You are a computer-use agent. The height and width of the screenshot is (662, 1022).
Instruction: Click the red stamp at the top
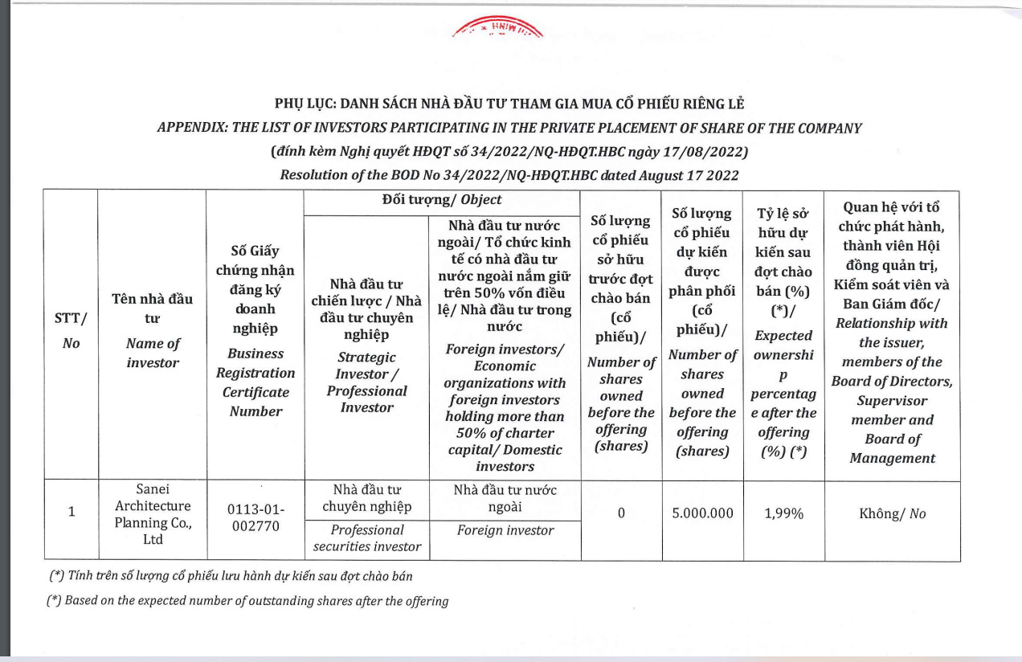click(x=498, y=30)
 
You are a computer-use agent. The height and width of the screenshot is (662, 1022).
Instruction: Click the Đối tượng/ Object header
click(x=441, y=199)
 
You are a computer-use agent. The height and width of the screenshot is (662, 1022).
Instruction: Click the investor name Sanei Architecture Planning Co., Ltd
click(x=152, y=514)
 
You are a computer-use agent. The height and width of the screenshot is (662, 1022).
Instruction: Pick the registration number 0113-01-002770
click(x=255, y=519)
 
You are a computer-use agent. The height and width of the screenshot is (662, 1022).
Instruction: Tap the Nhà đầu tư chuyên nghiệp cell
click(x=366, y=497)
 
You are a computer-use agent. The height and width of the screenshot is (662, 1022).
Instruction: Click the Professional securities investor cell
click(x=366, y=538)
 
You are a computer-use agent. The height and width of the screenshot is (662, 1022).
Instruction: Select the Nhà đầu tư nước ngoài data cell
click(x=505, y=498)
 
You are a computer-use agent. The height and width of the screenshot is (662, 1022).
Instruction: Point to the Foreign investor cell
click(x=505, y=530)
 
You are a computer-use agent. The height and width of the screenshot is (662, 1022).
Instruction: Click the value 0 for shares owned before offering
click(x=620, y=513)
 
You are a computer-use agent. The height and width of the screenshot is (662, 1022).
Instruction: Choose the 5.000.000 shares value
click(x=702, y=513)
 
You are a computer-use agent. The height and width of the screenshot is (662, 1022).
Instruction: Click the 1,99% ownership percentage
click(x=783, y=513)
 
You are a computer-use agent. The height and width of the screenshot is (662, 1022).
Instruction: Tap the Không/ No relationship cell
click(x=892, y=513)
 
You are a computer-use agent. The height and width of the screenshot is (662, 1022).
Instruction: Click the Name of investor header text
click(x=152, y=353)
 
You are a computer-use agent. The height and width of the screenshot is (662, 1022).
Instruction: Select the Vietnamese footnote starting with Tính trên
click(x=231, y=576)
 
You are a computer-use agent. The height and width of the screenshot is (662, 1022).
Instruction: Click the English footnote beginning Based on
click(x=248, y=600)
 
